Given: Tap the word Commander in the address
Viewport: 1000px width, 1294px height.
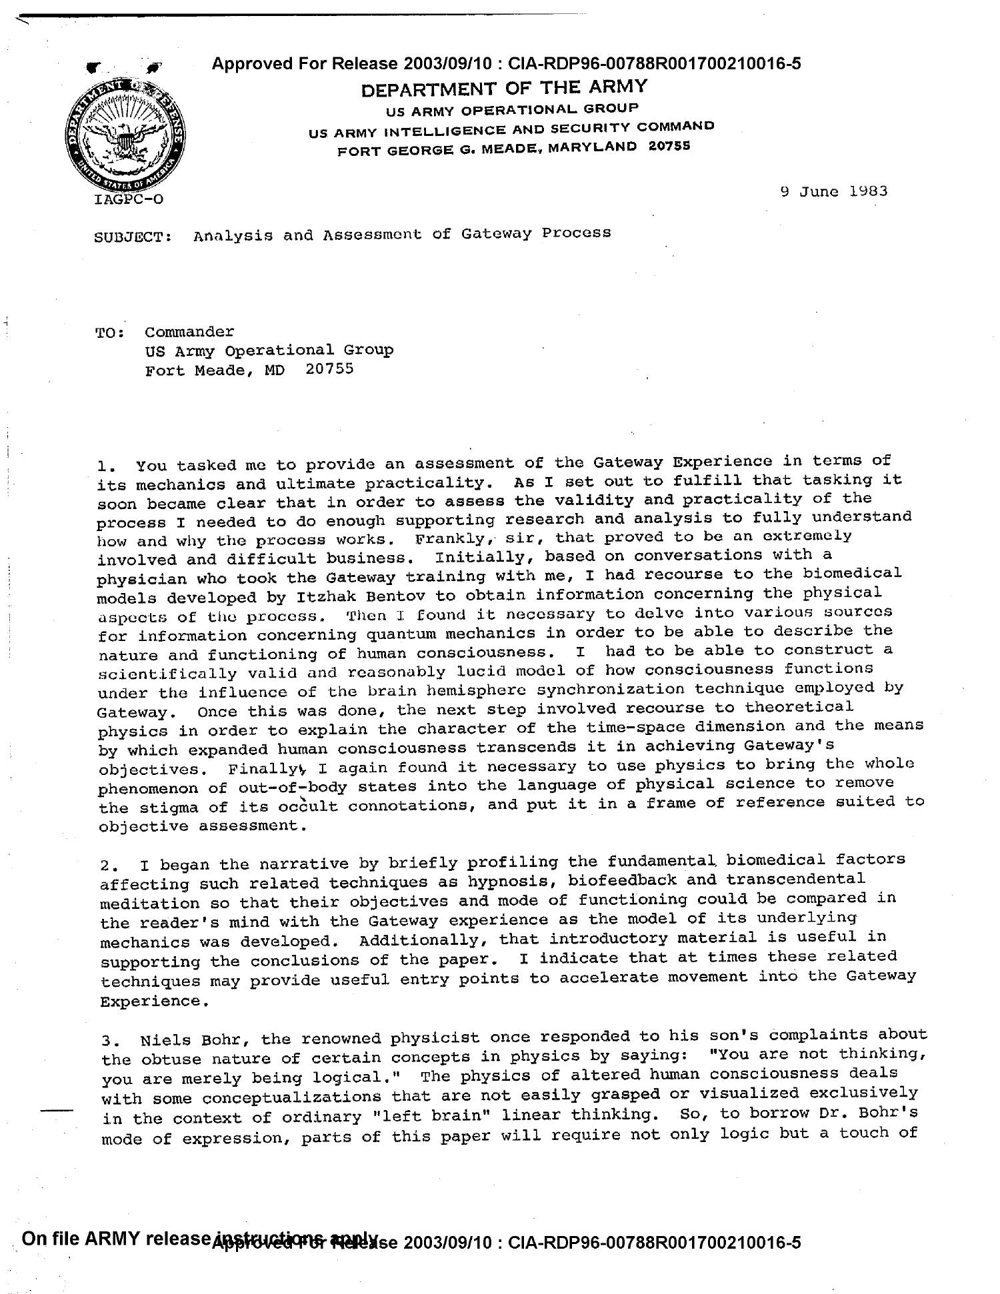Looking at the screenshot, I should [189, 332].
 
